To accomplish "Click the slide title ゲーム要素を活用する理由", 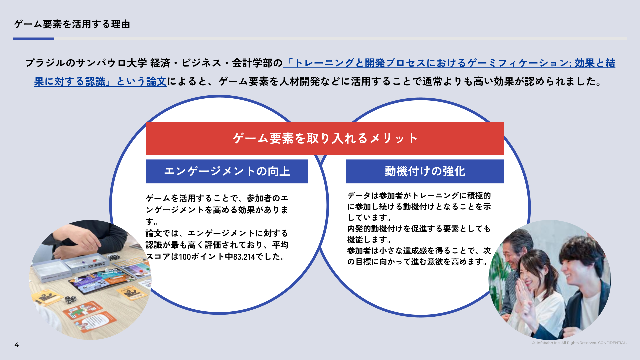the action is click(72, 24).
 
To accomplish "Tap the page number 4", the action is click(17, 345).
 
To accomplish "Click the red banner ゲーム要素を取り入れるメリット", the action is click(325, 138).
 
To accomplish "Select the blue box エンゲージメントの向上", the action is click(227, 171).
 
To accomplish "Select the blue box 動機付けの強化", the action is click(425, 171).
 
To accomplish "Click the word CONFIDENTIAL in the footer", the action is click(612, 343).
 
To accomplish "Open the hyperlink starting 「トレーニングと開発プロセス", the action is click(449, 63).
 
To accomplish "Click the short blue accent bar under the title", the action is click(33, 39).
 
